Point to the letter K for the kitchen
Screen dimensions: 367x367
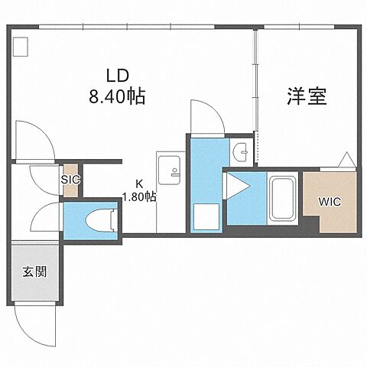click(139, 183)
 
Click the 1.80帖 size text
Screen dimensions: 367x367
click(139, 196)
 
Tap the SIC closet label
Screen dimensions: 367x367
click(71, 180)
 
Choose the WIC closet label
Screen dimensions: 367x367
click(330, 203)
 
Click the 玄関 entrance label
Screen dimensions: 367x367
click(32, 271)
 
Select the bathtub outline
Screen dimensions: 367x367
click(284, 200)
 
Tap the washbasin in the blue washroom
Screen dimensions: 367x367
click(242, 151)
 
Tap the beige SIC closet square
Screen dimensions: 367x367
click(71, 181)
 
